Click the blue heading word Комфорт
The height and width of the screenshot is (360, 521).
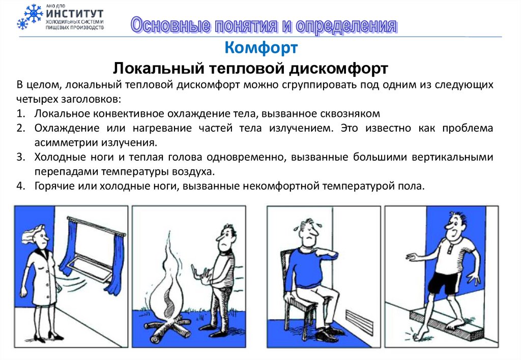[x=261, y=47]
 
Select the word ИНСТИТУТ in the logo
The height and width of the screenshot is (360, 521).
[x=75, y=14]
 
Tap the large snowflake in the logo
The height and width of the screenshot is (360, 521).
[x=34, y=13]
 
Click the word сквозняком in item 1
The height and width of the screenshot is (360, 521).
[x=350, y=113]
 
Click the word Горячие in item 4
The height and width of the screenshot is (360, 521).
[x=54, y=186]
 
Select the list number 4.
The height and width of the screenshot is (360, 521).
[x=20, y=186]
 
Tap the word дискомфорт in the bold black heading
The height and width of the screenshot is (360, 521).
[x=338, y=69]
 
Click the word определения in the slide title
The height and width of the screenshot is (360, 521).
[x=346, y=25]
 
